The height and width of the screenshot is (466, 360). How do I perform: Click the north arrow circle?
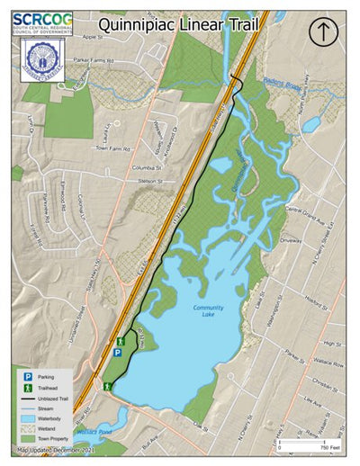pos(322,31)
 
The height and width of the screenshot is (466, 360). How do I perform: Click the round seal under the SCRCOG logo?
pos(41,57)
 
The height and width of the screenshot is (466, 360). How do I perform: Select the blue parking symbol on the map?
pos(117,354)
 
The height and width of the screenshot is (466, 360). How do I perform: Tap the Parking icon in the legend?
pos(28,375)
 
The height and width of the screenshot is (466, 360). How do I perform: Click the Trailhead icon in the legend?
pos(28,387)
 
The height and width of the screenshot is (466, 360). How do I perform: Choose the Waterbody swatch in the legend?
pos(28,419)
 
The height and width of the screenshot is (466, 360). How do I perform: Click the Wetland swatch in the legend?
pos(28,430)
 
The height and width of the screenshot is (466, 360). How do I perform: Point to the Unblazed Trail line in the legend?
pos(28,398)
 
